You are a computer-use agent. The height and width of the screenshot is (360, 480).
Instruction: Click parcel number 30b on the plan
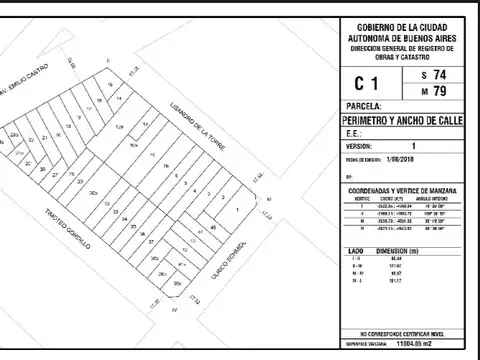pos(93,191)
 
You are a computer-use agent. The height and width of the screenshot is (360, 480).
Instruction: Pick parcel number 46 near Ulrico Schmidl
pos(212,228)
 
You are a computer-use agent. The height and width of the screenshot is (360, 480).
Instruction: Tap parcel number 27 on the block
pos(55,177)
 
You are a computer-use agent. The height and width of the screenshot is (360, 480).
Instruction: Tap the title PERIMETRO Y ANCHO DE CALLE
pos(401,120)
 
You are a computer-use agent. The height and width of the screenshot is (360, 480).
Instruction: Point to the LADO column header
pos(345,248)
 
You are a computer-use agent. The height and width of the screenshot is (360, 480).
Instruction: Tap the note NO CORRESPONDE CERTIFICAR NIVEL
pos(401,331)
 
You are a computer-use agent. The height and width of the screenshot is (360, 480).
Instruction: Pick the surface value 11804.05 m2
pos(420,342)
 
